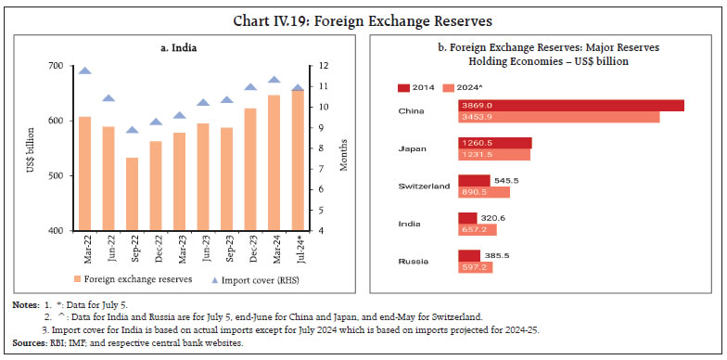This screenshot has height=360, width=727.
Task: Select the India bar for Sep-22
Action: [132, 194]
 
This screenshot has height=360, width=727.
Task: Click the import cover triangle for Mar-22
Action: [84, 71]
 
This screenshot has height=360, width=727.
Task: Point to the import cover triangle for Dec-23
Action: [250, 87]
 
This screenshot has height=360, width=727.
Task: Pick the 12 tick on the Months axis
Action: [321, 66]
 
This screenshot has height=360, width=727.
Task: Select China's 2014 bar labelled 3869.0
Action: [570, 106]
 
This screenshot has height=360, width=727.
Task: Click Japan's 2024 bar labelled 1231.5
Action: [493, 155]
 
